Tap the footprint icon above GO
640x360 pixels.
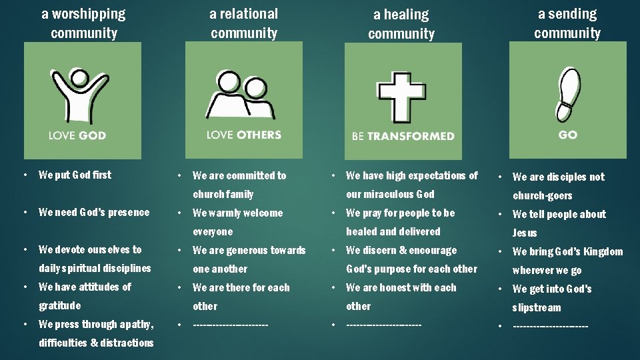click(x=567, y=93)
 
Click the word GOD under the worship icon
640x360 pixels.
click(x=92, y=135)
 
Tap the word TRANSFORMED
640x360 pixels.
click(x=411, y=136)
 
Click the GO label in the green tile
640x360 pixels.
click(x=568, y=135)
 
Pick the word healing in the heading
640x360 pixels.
click(x=407, y=15)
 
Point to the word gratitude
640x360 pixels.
click(x=59, y=305)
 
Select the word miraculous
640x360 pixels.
click(x=389, y=194)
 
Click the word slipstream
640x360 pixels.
click(x=536, y=307)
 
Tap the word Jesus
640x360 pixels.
click(x=524, y=233)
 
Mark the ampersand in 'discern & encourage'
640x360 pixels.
click(x=403, y=250)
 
